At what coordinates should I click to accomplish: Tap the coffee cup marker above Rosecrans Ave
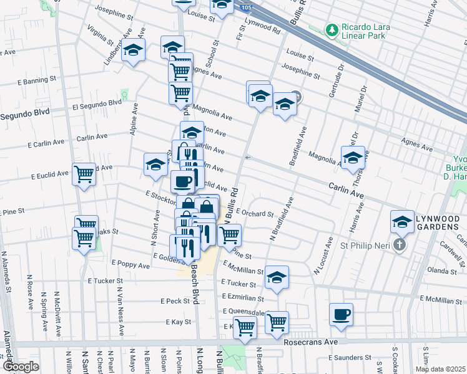point(341,315)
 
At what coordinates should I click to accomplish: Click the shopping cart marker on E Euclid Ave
point(84,175)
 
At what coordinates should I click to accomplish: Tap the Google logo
point(21,367)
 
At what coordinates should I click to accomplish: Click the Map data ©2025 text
point(440,369)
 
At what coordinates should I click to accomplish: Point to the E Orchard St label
point(255,213)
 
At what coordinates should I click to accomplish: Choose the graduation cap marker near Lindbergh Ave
point(133,51)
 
